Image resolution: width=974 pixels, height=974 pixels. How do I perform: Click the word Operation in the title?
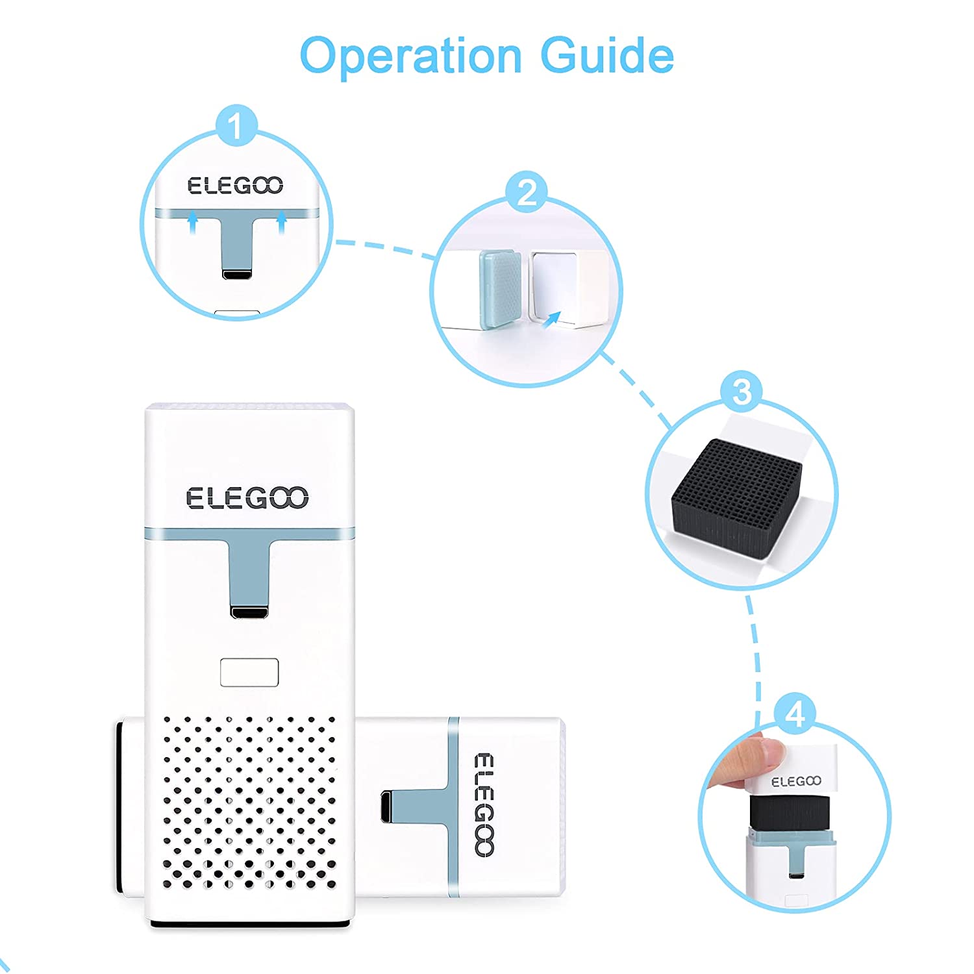[x=411, y=56]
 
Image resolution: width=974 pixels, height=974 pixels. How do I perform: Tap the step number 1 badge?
[x=236, y=126]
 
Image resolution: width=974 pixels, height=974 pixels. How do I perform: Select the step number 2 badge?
[x=527, y=192]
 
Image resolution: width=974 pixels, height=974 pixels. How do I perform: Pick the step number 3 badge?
[x=741, y=392]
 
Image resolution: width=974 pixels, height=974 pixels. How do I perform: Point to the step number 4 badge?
[x=795, y=714]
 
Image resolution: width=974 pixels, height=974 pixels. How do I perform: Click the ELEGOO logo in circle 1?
[x=235, y=186]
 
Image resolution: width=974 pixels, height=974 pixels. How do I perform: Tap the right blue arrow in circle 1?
[x=282, y=225]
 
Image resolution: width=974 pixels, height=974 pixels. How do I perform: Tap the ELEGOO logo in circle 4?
[x=796, y=781]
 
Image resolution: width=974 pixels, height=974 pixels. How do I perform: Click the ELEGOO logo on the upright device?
[x=247, y=498]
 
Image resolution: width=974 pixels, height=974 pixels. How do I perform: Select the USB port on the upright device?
[x=249, y=612]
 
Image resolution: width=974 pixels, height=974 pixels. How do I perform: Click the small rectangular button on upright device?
[x=249, y=672]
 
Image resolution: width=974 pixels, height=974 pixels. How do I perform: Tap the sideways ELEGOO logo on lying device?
[x=484, y=805]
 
